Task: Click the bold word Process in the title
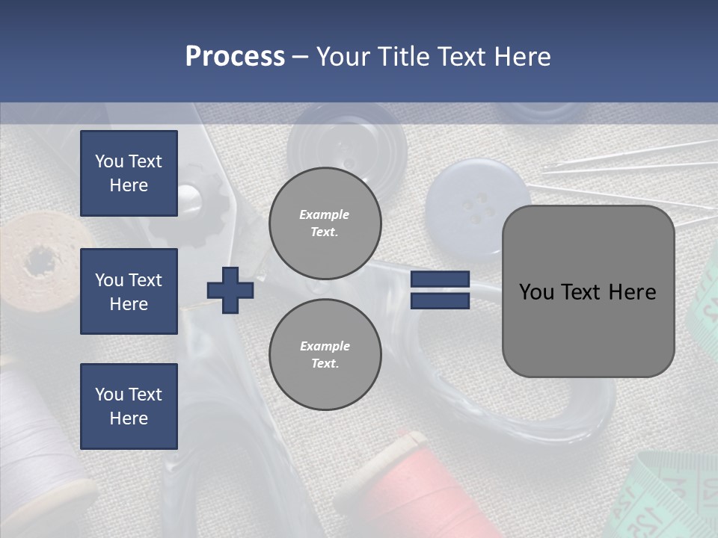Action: tap(235, 57)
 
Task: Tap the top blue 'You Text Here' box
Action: tap(129, 173)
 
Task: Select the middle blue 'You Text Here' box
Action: tap(129, 291)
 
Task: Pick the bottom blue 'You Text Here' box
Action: tap(129, 406)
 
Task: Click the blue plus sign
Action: tap(230, 290)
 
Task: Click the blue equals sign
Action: tap(440, 290)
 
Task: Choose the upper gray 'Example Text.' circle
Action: tap(325, 223)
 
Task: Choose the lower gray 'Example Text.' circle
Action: tap(325, 355)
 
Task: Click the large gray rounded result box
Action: tap(588, 291)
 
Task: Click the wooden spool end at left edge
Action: tap(37, 258)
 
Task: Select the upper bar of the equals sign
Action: tap(440, 279)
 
